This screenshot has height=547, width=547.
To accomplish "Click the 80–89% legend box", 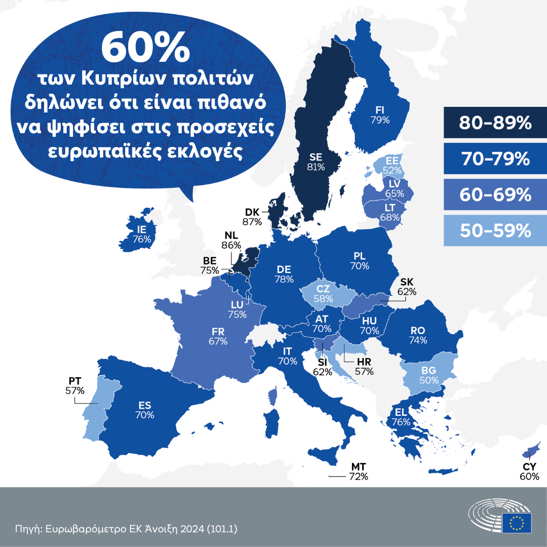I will pyautogui.click(x=494, y=123).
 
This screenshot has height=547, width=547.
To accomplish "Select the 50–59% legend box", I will pyautogui.click(x=494, y=230).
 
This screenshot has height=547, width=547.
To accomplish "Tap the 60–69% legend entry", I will pyautogui.click(x=494, y=194).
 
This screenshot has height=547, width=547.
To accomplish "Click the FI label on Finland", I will pyautogui.click(x=379, y=109).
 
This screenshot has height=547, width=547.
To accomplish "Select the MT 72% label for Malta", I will pyautogui.click(x=358, y=472).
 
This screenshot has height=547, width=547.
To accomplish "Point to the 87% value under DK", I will pyautogui.click(x=252, y=221).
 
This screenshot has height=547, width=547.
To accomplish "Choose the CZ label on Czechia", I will pyautogui.click(x=323, y=289).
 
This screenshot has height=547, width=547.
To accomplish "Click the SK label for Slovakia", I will pyautogui.click(x=407, y=282).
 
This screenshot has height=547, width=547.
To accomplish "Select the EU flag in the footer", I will pyautogui.click(x=517, y=522).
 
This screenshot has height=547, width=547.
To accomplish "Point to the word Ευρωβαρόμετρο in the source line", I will pyautogui.click(x=79, y=529).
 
